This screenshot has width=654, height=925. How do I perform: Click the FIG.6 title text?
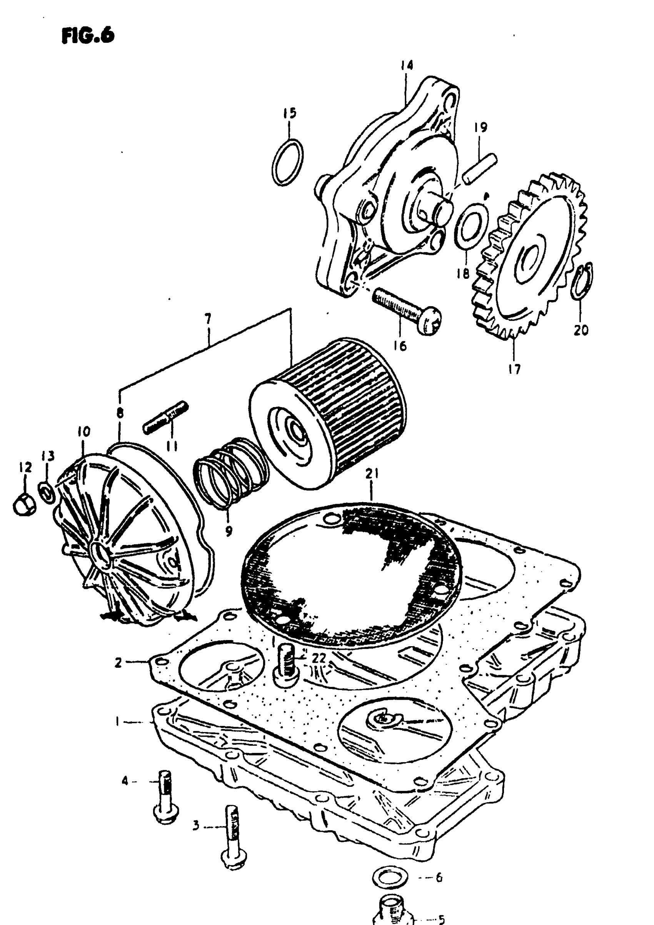tap(88, 35)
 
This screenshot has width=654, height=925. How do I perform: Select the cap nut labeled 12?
tap(25, 504)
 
